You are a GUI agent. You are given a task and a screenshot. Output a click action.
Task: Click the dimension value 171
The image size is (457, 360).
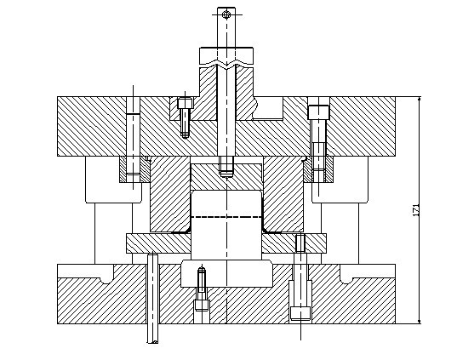pos(416,210)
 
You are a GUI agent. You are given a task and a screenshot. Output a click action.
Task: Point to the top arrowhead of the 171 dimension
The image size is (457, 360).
pos(420,99)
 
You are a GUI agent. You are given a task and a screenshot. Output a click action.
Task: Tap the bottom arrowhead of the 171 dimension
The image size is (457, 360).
pos(420,321)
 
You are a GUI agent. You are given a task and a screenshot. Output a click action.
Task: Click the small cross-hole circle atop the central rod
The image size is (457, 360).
pos(226,14)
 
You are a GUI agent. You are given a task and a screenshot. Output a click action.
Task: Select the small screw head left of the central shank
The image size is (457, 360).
pos(185,103)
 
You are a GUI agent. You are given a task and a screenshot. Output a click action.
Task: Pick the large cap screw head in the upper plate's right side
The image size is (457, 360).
pos(318,112)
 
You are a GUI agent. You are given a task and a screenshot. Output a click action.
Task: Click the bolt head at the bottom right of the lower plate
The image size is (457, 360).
pos(300,313)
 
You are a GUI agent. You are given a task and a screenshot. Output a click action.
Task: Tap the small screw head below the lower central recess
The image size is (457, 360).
pos(202,306)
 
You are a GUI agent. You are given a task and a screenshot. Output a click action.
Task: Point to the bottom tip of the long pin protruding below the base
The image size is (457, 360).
pos(152,342)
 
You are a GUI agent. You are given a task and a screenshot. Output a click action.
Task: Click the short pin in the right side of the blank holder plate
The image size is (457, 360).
pos(300,243)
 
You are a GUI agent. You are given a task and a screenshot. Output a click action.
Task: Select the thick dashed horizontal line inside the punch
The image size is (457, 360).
pos(226,217)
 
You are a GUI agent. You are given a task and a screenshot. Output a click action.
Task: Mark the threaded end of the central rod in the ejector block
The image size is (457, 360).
pos(226,166)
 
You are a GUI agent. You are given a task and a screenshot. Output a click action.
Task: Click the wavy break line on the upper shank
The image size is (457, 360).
pos(226,65)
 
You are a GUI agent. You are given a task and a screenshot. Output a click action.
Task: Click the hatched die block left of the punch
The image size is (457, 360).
pos(170,194)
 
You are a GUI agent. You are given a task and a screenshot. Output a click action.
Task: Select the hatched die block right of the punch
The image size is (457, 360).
pos(283,194)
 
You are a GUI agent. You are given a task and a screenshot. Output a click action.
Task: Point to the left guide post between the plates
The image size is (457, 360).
pos(113,233)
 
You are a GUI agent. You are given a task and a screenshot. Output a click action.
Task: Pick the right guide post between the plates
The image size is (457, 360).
pos(340,233)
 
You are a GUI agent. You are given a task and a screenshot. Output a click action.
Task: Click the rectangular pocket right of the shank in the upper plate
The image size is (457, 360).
pos(268,108)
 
